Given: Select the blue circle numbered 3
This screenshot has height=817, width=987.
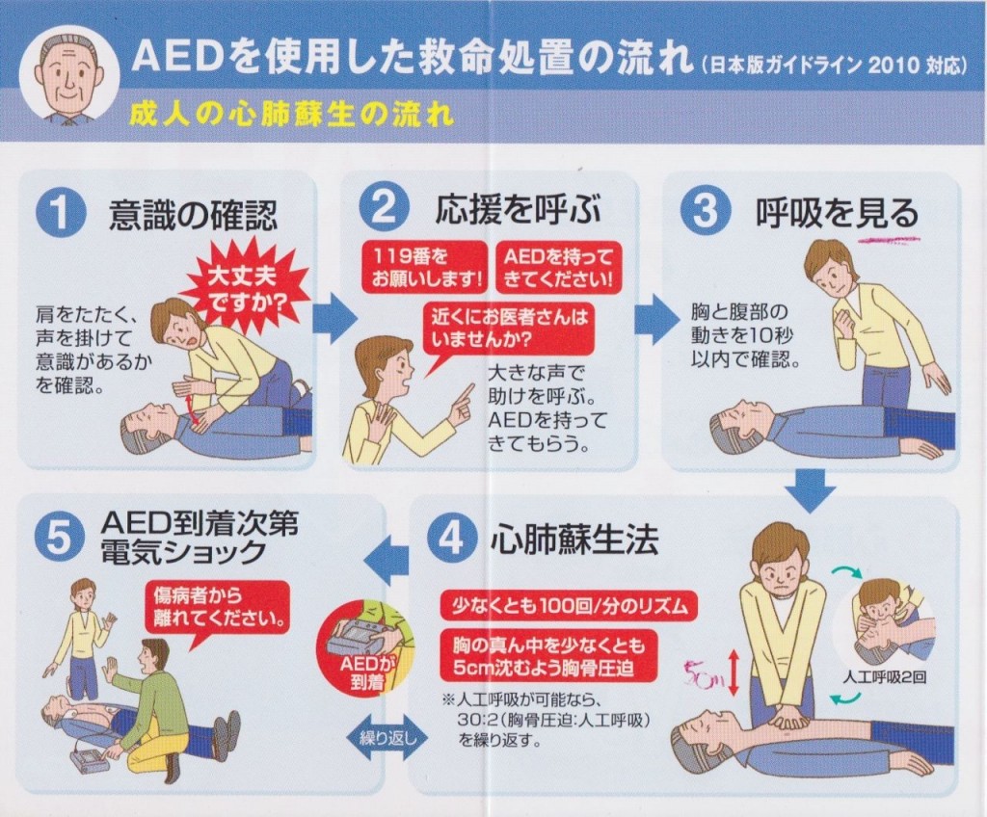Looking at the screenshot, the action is click(x=705, y=210).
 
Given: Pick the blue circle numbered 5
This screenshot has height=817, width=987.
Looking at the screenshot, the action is click(x=58, y=539).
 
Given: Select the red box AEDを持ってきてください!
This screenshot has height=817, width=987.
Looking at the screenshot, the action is click(x=558, y=267).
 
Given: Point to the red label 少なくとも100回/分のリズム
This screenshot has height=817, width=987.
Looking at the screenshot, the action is click(x=570, y=605).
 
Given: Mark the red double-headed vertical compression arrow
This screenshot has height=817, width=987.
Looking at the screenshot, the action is click(x=733, y=672).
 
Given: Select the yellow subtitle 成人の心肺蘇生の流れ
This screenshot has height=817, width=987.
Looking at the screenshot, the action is click(x=291, y=114).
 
